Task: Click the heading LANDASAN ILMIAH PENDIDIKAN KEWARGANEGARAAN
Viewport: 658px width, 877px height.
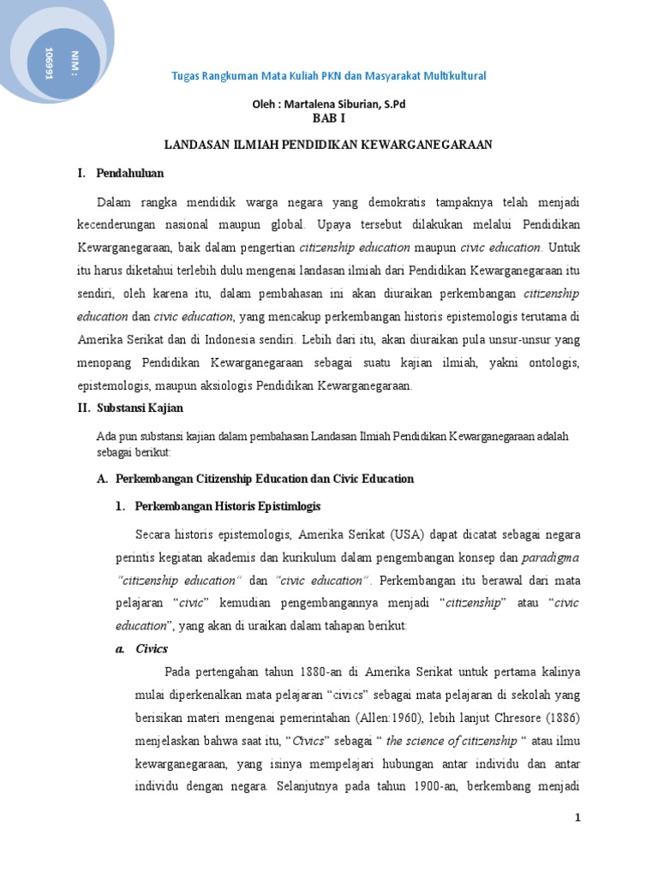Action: (328, 145)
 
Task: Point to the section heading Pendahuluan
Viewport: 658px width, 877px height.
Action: (129, 174)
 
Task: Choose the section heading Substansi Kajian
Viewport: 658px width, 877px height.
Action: (138, 408)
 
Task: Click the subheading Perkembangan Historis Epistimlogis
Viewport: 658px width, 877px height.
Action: (228, 506)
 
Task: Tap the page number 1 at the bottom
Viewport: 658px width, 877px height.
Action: (577, 818)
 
